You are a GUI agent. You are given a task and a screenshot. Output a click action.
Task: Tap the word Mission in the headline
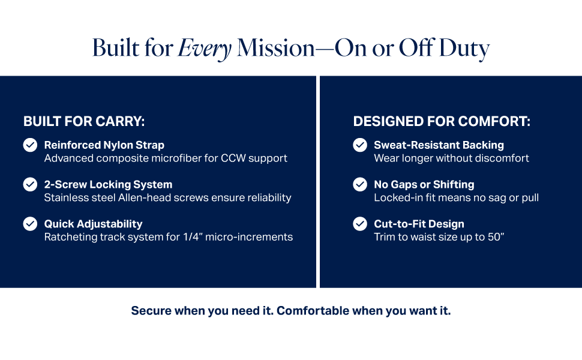(276, 48)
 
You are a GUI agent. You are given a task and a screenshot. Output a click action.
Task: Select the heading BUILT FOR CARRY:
(84, 121)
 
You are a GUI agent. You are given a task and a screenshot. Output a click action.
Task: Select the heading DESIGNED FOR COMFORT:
(442, 121)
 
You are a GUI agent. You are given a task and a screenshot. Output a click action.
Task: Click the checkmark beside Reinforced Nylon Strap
(30, 145)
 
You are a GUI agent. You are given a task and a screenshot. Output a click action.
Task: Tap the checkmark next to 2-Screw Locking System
(30, 184)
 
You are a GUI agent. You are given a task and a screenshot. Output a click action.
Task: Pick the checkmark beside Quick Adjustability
(30, 224)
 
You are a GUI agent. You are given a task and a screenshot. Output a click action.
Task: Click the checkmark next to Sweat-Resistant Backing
(360, 145)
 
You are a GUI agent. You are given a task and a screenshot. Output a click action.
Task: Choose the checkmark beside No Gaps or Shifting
(360, 184)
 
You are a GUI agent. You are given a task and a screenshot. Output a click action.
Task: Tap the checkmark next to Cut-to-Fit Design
(360, 224)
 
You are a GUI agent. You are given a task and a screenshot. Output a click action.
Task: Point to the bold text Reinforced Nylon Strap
(104, 145)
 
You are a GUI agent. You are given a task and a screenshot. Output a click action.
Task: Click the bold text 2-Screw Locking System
(109, 184)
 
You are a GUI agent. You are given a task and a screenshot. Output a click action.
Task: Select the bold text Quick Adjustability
(93, 224)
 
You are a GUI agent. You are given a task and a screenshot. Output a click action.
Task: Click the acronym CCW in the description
(233, 158)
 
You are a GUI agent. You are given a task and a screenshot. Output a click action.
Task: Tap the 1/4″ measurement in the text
(192, 237)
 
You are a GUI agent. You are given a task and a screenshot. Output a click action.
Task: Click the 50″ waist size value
(496, 237)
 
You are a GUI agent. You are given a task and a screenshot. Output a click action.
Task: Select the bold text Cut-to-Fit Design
(419, 224)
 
